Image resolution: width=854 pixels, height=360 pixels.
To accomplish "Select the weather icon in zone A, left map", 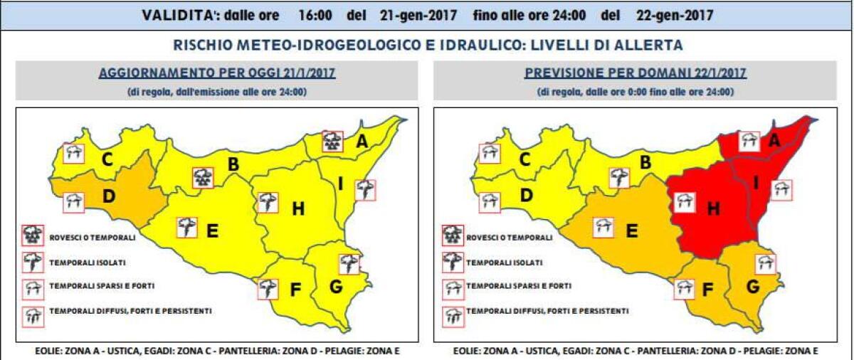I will [332, 141].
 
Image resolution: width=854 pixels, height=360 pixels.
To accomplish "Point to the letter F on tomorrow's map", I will [707, 291].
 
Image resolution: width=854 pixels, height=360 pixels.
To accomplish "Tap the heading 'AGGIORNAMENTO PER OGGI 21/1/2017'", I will [217, 73].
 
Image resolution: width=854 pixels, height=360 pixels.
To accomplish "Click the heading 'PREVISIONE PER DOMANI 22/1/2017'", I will [634, 73].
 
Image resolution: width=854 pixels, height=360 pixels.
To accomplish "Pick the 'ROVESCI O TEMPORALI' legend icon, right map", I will [452, 236].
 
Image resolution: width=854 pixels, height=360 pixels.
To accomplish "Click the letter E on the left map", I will [211, 231].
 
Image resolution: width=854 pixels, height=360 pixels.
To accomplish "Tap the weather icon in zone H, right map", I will [684, 202].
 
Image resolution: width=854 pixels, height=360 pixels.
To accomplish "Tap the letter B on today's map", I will [232, 164].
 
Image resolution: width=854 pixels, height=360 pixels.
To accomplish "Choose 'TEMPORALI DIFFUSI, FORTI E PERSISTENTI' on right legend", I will [547, 312].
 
